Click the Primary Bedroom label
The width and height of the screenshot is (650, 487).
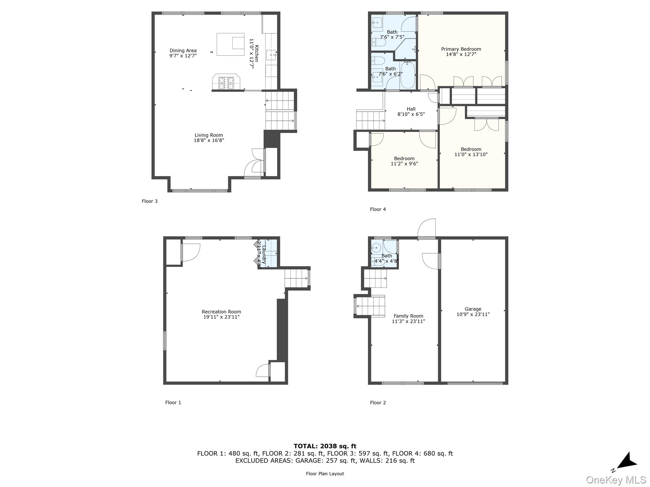(x=461, y=49)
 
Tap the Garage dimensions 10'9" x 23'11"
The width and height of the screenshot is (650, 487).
(x=473, y=315)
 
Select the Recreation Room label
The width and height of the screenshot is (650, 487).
(x=221, y=312)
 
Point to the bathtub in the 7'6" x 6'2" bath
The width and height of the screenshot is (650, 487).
(x=408, y=75)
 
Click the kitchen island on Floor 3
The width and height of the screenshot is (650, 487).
(x=230, y=44)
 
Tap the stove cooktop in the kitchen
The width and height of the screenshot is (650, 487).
(x=226, y=82)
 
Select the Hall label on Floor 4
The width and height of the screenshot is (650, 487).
(x=411, y=109)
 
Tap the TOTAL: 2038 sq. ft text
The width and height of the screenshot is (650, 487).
(x=325, y=446)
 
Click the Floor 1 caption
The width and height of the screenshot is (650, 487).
(x=173, y=403)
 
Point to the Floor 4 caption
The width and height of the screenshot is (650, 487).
(x=378, y=209)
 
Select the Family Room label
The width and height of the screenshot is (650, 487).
(x=408, y=316)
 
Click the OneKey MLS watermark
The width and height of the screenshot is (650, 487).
(x=616, y=480)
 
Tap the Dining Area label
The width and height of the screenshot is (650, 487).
(x=183, y=51)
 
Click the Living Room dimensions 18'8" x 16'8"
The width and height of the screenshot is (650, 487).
(x=209, y=140)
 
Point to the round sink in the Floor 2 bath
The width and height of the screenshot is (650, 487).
(x=376, y=247)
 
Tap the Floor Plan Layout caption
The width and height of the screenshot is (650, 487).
(x=325, y=474)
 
